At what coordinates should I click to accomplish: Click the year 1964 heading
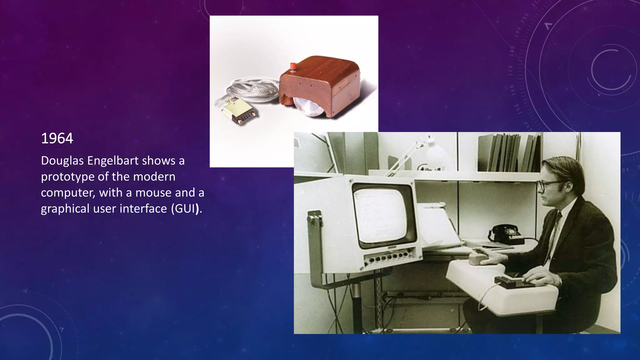pos(57,138)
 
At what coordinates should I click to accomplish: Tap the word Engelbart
pos(113,161)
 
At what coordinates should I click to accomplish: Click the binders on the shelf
pos(509,153)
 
